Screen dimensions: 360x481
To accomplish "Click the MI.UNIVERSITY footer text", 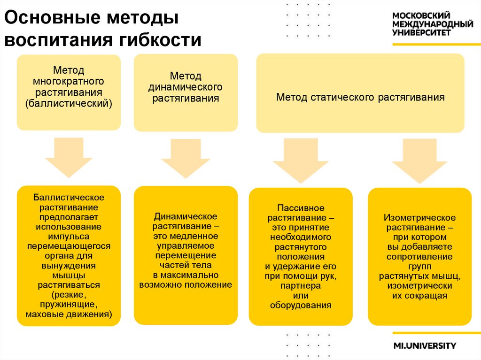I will point(425,346).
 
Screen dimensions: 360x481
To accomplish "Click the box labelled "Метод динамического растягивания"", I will point(186,92).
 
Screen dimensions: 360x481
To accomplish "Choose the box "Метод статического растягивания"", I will point(360,92).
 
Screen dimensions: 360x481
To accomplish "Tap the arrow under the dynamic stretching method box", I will point(186,158).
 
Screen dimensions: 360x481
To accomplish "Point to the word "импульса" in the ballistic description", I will point(69,237).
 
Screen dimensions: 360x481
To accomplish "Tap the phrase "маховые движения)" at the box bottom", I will point(69,314).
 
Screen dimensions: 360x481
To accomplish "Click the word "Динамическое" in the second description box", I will point(186,216).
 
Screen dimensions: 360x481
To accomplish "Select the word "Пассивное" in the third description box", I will point(301,207).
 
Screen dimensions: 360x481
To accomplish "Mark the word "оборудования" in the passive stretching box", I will point(301,305).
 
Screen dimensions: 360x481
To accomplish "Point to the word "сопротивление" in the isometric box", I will point(420,257).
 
